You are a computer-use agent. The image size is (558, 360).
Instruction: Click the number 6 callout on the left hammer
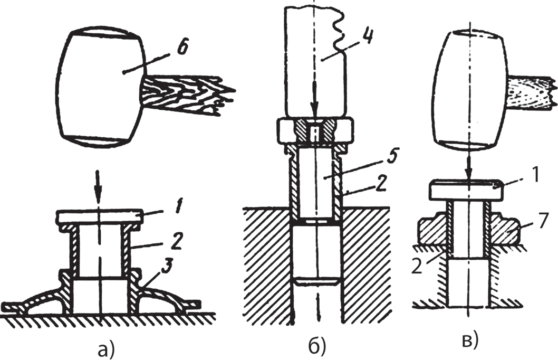click(x=182, y=48)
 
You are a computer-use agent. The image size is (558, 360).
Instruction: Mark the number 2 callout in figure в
click(x=417, y=267)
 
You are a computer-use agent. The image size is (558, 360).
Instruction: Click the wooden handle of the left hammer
click(x=187, y=94)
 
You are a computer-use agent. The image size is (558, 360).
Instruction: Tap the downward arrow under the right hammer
click(x=469, y=164)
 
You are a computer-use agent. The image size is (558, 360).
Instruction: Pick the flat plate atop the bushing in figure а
click(x=100, y=217)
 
